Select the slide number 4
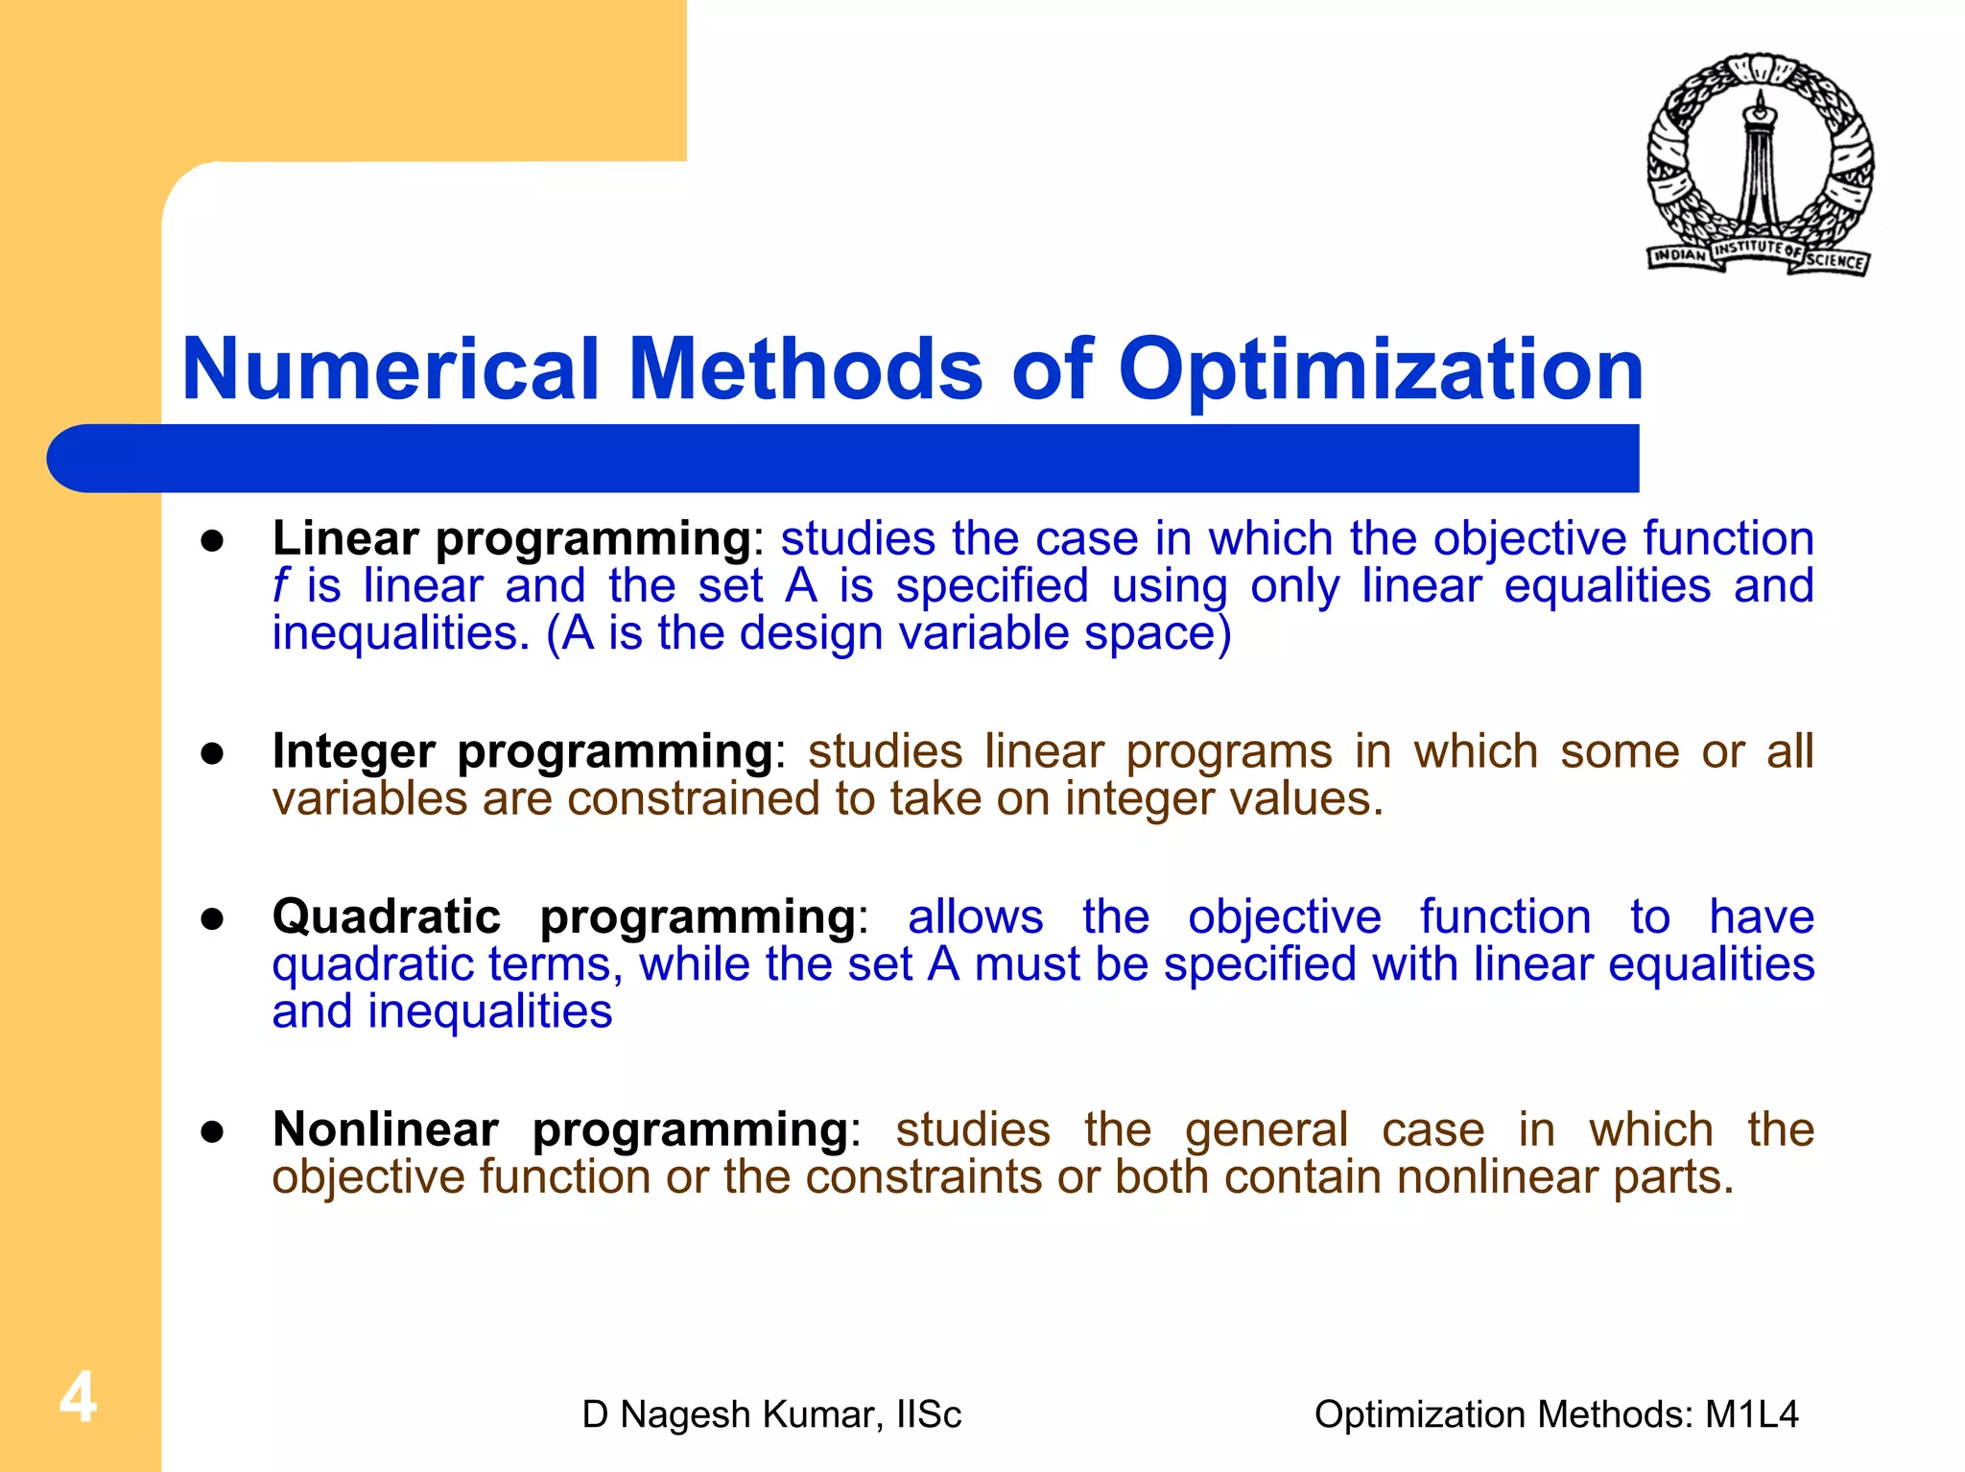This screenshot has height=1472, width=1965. [x=78, y=1397]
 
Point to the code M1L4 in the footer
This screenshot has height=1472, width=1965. [x=1751, y=1414]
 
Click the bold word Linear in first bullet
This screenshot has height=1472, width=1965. [x=345, y=538]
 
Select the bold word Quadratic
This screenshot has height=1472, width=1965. [x=386, y=916]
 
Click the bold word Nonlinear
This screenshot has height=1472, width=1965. [x=385, y=1129]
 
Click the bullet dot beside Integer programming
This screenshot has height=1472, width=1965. [x=212, y=753]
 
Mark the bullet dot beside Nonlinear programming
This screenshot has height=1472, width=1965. [x=212, y=1131]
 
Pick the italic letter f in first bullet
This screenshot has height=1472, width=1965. [x=280, y=585]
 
